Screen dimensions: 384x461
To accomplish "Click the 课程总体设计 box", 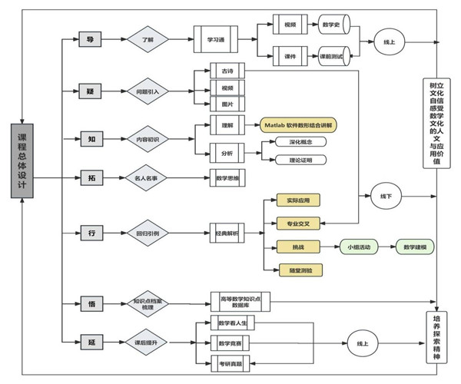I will [22, 160].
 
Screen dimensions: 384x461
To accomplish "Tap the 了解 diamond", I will [148, 37].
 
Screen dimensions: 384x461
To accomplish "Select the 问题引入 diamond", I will [148, 91].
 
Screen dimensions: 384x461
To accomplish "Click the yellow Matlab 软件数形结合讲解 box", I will [300, 124].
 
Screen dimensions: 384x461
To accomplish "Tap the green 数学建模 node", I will [416, 247].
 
